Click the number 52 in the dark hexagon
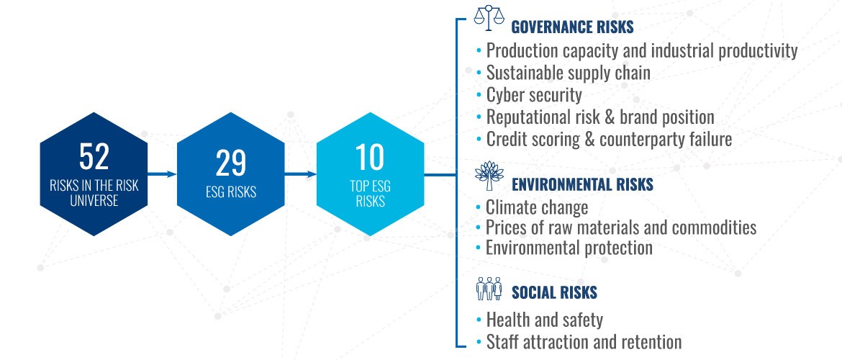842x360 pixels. (x=94, y=156)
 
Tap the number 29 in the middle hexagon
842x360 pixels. (x=231, y=163)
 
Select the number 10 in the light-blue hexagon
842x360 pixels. (x=370, y=157)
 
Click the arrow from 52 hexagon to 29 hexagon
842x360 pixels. (x=162, y=174)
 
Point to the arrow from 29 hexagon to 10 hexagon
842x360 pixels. (x=301, y=174)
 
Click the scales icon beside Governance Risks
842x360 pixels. (x=489, y=18)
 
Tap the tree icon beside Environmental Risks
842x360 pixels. (x=489, y=176)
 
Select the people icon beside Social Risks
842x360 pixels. (x=489, y=289)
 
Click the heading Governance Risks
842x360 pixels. (x=572, y=27)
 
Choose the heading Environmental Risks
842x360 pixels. (x=583, y=185)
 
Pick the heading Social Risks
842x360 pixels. (x=554, y=292)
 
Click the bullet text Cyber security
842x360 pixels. (x=534, y=95)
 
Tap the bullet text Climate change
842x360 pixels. (x=537, y=207)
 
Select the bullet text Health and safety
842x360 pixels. (x=545, y=320)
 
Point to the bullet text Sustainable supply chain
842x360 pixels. (x=568, y=73)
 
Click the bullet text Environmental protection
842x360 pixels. (x=569, y=248)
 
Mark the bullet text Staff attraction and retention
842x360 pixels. (x=584, y=342)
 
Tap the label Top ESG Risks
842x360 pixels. (x=370, y=194)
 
